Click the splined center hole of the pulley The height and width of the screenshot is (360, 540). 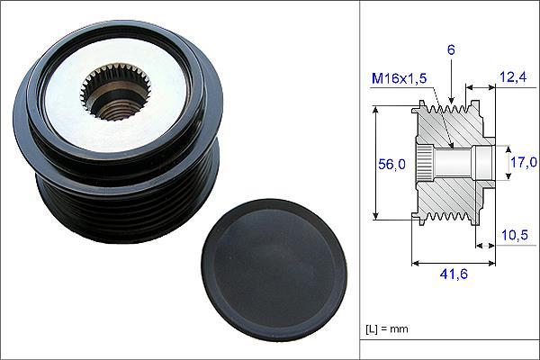pyautogui.click(x=116, y=92)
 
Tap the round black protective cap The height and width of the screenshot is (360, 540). pyautogui.click(x=274, y=271)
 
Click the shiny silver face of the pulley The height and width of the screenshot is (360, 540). pyautogui.click(x=117, y=93)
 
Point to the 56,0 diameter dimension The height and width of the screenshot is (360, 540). pyautogui.click(x=391, y=165)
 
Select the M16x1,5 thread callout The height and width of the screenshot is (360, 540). pyautogui.click(x=399, y=78)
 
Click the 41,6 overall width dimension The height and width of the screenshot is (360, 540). pyautogui.click(x=454, y=274)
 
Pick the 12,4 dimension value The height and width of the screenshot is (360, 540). pyautogui.click(x=513, y=77)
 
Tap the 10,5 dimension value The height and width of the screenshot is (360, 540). pyautogui.click(x=515, y=235)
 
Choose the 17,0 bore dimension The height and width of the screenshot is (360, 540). pyautogui.click(x=524, y=162)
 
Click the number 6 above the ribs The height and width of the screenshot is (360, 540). pyautogui.click(x=451, y=50)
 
